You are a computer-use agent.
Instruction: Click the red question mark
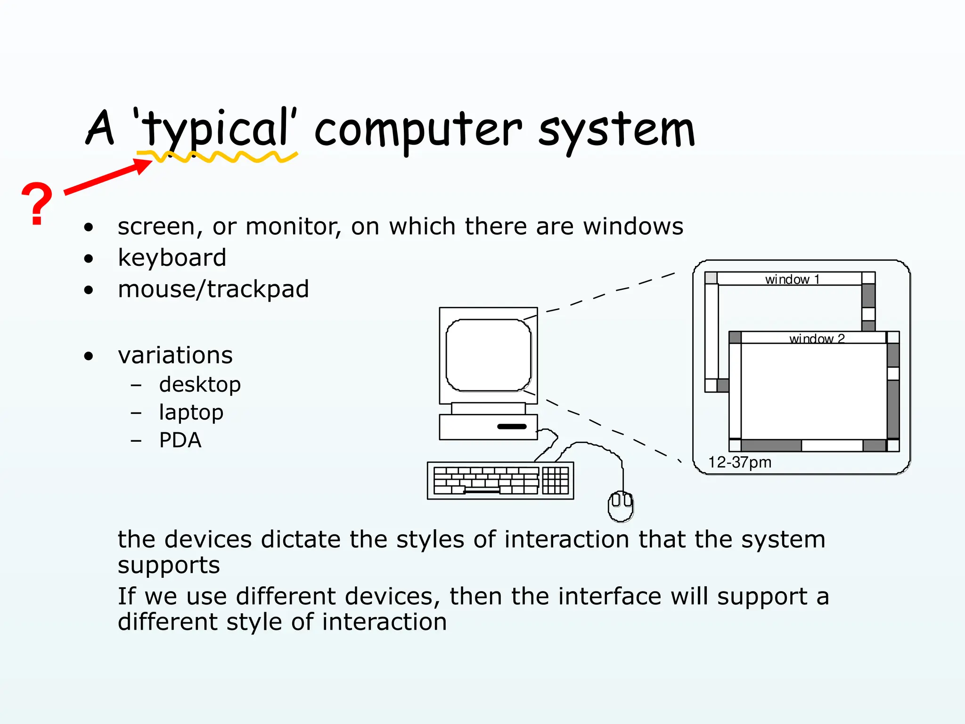[37, 204]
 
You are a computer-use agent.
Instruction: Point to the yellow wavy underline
[217, 157]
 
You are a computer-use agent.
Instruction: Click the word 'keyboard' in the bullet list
[172, 258]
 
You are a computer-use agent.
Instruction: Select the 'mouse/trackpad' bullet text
[213, 289]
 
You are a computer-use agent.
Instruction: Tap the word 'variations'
[175, 355]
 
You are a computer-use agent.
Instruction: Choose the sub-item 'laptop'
[191, 412]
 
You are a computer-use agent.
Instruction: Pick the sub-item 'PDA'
[180, 440]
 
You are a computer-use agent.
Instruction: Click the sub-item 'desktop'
[200, 385]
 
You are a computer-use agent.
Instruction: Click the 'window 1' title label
[792, 280]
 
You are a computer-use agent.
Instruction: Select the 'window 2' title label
[817, 338]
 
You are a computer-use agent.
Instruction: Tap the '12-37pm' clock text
[739, 462]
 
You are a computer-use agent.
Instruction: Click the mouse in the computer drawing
[621, 506]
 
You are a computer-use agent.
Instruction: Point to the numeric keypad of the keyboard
[556, 480]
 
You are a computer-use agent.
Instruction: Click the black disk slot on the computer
[512, 427]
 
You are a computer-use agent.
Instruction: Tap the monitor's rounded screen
[488, 355]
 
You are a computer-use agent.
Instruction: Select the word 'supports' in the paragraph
[169, 565]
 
